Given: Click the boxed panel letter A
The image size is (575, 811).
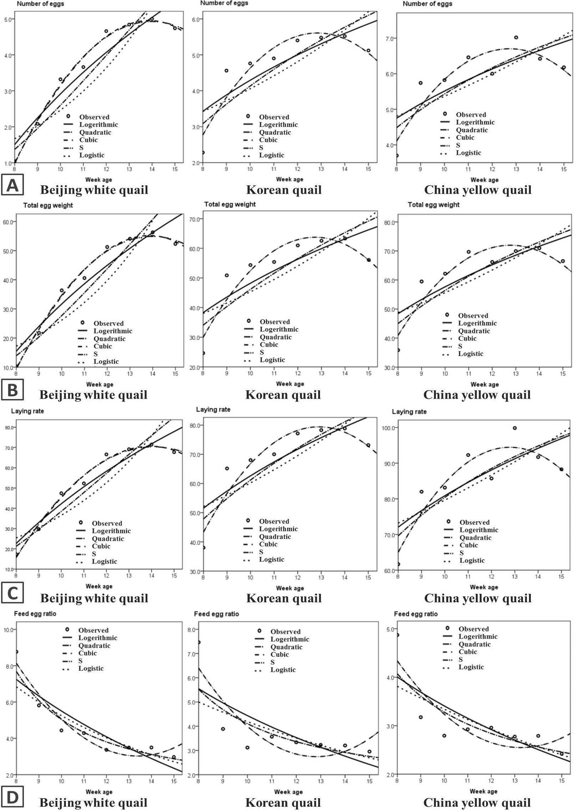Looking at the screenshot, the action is (x=12, y=184).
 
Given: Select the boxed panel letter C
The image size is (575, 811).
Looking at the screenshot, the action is (x=12, y=593).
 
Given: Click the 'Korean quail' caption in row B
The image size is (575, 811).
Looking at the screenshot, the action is (x=283, y=395).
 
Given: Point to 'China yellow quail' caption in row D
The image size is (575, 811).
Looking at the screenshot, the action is (x=477, y=802).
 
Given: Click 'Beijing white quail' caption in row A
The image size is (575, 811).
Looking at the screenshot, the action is (x=94, y=190).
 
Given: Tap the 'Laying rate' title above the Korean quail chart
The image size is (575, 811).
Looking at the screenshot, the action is (x=213, y=409).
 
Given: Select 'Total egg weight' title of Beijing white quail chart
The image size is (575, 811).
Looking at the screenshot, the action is (x=48, y=205).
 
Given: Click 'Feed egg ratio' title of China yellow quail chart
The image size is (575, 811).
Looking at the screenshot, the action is (x=416, y=614).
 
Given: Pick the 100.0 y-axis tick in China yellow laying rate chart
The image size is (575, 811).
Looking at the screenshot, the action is (x=389, y=428).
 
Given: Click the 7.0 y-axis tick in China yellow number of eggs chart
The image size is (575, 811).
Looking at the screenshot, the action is (x=392, y=38).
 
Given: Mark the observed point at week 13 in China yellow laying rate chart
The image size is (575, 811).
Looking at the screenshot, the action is (x=515, y=428).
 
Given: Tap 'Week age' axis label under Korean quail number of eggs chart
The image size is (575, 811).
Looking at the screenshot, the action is (x=290, y=179).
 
